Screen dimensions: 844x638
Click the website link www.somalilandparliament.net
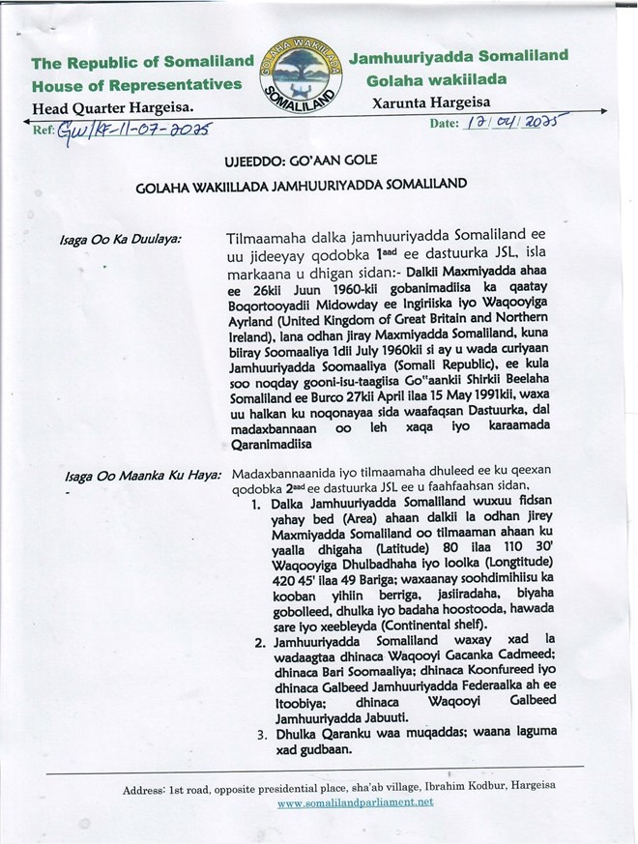click(355, 802)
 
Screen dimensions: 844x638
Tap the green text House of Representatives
click(136, 85)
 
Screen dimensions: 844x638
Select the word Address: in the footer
click(148, 789)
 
